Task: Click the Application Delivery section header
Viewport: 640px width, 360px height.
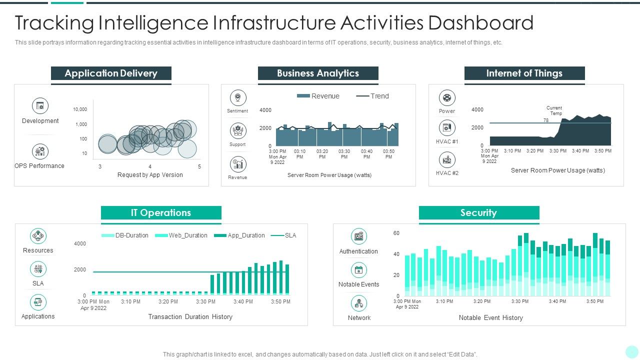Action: [111, 73]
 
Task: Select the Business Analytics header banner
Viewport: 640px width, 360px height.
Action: [318, 73]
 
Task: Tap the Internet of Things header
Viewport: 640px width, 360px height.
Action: [524, 73]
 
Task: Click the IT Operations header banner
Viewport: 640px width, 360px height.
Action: [161, 213]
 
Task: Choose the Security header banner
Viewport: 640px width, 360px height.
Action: [478, 213]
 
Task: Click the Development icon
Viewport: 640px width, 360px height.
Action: [40, 105]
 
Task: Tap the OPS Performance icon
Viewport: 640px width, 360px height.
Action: [40, 151]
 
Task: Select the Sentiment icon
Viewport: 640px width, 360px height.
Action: [237, 98]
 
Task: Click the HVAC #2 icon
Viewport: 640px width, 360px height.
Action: [447, 160]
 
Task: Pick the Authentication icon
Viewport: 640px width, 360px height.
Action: [358, 236]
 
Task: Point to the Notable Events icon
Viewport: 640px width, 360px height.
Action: [358, 270]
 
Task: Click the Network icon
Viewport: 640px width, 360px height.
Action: [358, 303]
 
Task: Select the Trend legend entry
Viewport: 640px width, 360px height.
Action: [372, 96]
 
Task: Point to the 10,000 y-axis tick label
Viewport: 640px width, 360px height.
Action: [80, 109]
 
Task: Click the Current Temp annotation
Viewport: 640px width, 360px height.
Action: [554, 110]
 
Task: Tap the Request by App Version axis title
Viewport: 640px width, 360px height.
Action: [150, 175]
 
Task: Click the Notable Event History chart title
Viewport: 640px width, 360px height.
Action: [490, 318]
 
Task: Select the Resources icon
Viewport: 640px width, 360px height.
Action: [38, 236]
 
